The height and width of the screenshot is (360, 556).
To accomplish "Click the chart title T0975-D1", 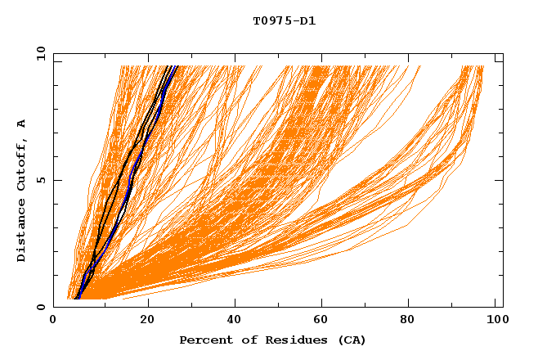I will [x=284, y=20].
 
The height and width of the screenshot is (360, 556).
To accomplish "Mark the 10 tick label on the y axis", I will [x=40, y=53].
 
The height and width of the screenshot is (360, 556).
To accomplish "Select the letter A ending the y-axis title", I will [x=21, y=124].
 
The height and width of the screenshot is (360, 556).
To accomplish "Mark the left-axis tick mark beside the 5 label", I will [x=56, y=180].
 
